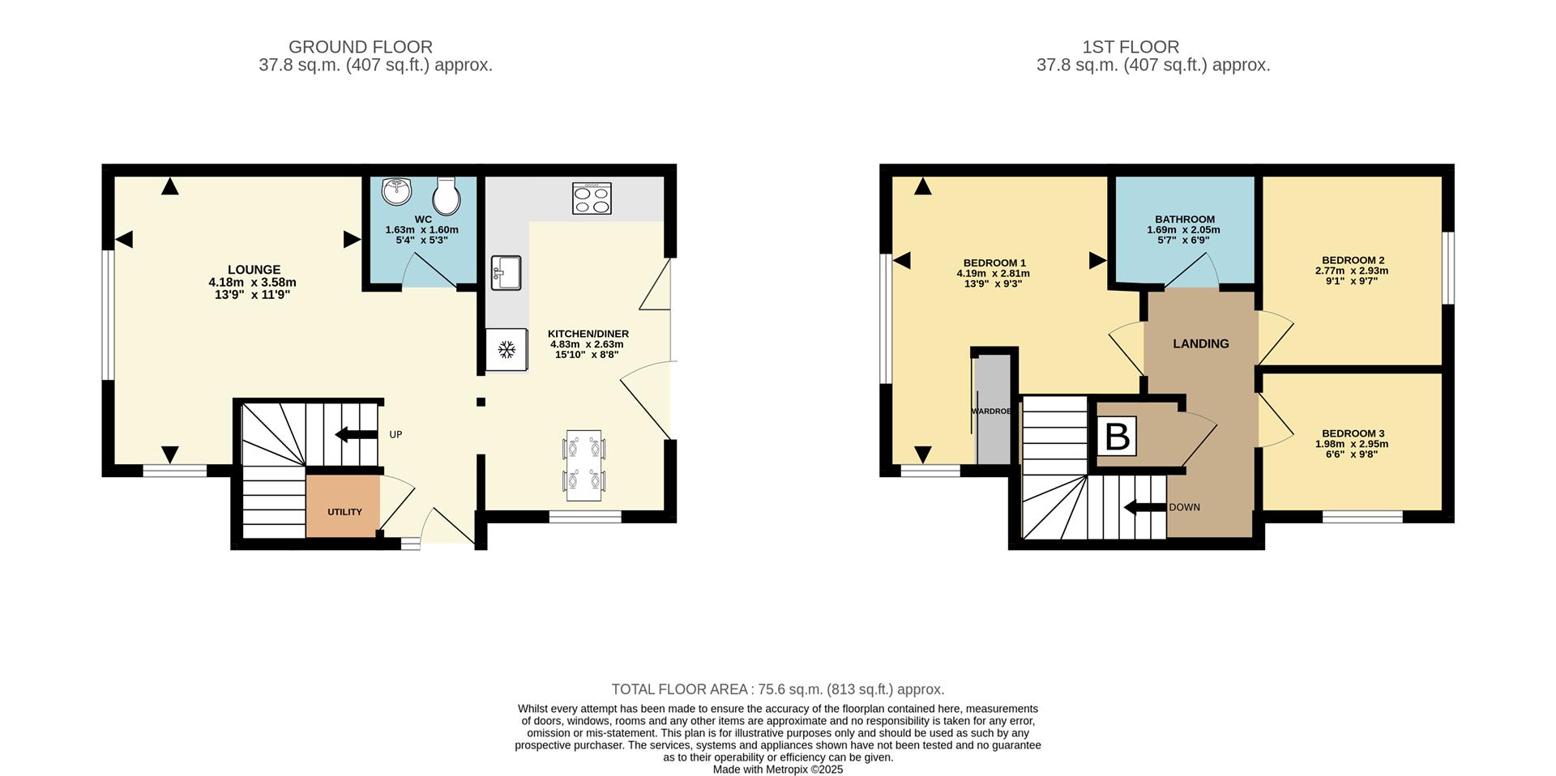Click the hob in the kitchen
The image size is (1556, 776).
[592, 198]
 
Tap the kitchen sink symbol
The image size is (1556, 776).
[506, 273]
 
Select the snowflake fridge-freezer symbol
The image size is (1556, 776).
[507, 350]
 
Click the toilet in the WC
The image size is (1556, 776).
[447, 194]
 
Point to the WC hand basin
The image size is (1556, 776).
[397, 193]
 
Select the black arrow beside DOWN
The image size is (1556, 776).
[1143, 508]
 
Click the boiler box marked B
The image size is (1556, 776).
[1117, 437]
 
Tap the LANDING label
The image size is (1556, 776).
[1200, 343]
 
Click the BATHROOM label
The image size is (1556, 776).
[1184, 220]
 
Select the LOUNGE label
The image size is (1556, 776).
[254, 270]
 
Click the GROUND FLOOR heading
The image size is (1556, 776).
[360, 47]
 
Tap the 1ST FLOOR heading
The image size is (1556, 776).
[1130, 47]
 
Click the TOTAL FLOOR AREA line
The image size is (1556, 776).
[777, 689]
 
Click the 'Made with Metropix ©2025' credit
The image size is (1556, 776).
[777, 770]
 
